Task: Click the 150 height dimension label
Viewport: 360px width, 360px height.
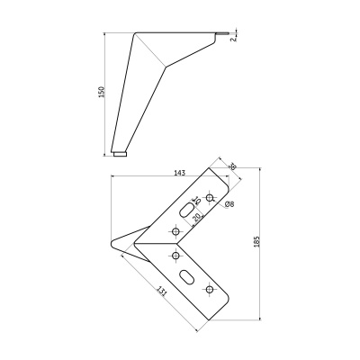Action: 102,93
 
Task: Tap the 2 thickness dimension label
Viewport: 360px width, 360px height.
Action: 232,39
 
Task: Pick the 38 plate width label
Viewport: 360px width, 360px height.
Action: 232,167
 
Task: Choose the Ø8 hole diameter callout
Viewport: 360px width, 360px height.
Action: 229,206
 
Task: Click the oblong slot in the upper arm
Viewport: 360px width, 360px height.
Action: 186,210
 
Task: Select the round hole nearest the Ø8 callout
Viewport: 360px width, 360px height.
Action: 211,197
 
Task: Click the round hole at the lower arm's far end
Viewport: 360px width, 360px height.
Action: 211,288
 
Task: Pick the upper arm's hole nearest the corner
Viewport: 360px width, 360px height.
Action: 175,231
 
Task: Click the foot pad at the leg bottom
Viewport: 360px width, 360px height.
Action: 120,153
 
